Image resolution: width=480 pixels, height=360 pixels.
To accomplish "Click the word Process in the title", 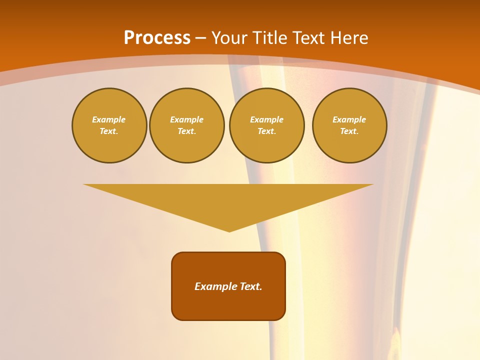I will click(x=157, y=38).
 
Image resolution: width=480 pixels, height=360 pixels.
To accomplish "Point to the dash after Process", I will click(x=201, y=38).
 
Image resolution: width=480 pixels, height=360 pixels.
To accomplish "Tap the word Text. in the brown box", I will click(x=249, y=286).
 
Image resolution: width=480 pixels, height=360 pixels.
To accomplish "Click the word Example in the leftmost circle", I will click(x=109, y=119).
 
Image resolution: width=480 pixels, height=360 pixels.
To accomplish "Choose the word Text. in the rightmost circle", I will click(x=349, y=131).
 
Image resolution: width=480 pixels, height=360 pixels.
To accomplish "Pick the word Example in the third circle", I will click(x=267, y=119).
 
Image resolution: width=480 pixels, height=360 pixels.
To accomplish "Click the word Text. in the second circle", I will click(x=187, y=131).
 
